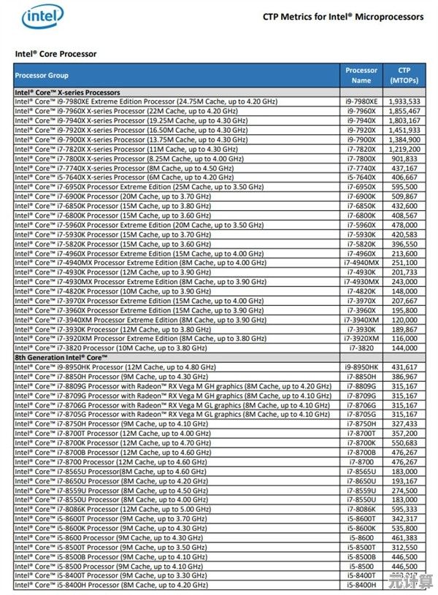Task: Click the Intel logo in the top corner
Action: click(x=42, y=17)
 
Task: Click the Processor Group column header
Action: click(x=42, y=75)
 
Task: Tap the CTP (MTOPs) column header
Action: click(x=404, y=75)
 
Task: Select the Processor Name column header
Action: click(x=361, y=75)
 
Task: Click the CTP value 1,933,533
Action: click(x=404, y=101)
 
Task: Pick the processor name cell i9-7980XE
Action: click(x=361, y=101)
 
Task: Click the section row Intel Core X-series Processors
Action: click(x=68, y=93)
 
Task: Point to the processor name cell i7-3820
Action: click(x=361, y=348)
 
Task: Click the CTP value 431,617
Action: click(x=404, y=366)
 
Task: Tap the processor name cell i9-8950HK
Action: click(x=361, y=366)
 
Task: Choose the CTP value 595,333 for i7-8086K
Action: click(x=404, y=509)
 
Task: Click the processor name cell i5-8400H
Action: click(x=361, y=585)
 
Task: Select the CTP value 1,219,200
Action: click(x=404, y=149)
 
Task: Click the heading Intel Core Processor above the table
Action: click(x=55, y=54)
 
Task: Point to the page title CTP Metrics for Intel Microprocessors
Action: click(x=342, y=17)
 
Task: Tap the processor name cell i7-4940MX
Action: click(x=361, y=263)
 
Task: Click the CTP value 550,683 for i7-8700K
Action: click(x=404, y=442)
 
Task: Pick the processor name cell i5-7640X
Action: click(x=361, y=177)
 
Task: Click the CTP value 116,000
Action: click(x=404, y=339)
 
